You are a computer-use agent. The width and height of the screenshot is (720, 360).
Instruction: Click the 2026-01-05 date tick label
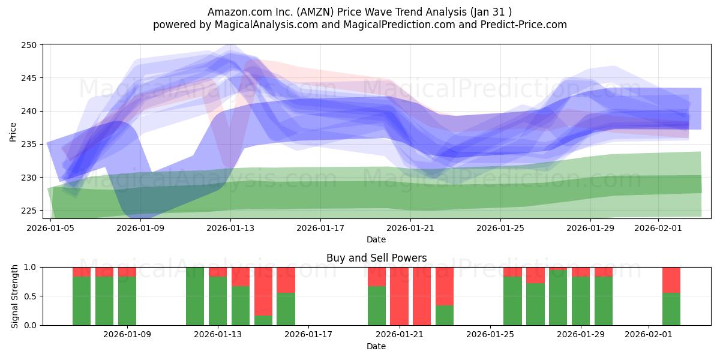click(x=50, y=228)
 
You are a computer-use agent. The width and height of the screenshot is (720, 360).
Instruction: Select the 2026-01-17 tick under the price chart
click(x=320, y=228)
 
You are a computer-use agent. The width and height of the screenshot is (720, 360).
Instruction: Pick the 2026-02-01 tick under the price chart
click(x=659, y=228)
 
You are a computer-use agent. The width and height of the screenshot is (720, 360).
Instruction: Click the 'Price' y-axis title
click(x=13, y=131)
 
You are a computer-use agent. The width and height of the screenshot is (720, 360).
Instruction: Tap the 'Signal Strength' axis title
click(x=16, y=296)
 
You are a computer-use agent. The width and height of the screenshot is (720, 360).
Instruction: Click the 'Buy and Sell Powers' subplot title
click(x=376, y=258)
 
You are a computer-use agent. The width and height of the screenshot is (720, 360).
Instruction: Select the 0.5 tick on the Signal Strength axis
click(x=30, y=296)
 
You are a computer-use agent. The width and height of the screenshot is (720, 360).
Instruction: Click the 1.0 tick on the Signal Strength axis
click(x=30, y=267)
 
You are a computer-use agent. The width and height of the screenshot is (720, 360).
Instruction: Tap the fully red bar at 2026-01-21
click(x=399, y=296)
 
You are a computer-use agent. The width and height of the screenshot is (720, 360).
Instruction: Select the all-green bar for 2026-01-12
click(x=195, y=296)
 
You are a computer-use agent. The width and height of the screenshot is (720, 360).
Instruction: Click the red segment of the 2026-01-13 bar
click(x=218, y=272)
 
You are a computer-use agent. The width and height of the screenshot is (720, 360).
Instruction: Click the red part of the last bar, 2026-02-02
click(x=671, y=280)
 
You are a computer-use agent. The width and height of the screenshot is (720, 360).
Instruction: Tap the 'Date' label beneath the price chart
click(x=376, y=239)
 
